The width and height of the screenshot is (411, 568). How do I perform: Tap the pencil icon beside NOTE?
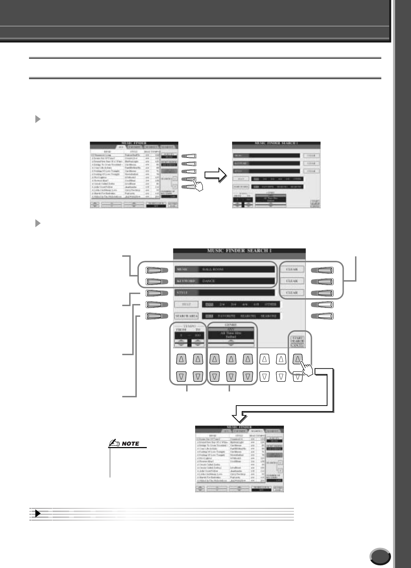coord(113,444)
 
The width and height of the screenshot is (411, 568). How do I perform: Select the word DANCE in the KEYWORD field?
coord(208,281)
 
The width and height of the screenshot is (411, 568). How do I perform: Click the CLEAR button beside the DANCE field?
coord(292,281)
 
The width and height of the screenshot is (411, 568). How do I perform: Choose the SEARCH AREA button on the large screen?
coord(186,316)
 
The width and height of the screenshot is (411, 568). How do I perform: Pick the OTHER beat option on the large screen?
coord(270,305)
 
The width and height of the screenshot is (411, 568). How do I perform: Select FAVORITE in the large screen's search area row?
coord(226,316)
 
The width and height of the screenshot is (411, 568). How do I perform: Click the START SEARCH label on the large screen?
coord(297,339)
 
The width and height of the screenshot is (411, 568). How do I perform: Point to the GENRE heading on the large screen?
coord(231,325)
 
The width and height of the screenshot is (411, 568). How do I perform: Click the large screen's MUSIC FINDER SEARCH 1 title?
coord(239,251)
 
